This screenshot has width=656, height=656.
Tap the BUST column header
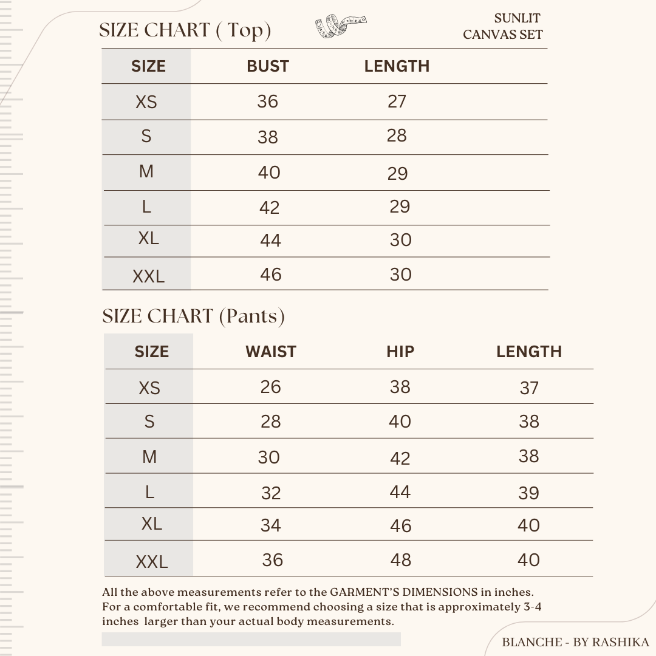tap(267, 66)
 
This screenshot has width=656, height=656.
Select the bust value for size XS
tap(267, 101)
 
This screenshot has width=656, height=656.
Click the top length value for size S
tap(397, 135)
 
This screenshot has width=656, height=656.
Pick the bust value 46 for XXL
tap(270, 275)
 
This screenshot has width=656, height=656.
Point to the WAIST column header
tap(270, 352)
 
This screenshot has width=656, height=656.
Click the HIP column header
tap(400, 352)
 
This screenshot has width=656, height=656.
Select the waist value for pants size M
tap(268, 457)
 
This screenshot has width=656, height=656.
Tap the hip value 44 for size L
tap(400, 491)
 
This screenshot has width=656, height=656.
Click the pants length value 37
tap(529, 388)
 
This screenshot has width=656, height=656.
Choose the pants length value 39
tap(528, 493)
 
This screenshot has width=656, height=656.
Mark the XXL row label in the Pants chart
tap(151, 562)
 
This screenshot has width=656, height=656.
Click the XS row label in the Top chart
tap(146, 102)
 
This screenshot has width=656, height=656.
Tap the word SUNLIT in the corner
tap(517, 18)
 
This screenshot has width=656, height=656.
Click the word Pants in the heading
tap(251, 316)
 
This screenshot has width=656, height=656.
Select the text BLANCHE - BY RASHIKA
tap(575, 642)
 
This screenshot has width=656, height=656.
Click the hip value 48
tap(400, 559)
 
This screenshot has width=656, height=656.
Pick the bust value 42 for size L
tap(269, 208)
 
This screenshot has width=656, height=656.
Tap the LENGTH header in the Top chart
tap(397, 66)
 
